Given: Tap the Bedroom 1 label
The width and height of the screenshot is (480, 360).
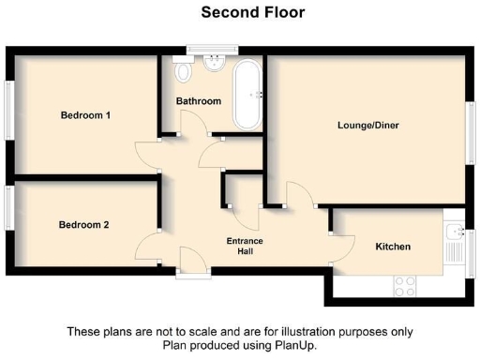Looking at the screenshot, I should [86, 116].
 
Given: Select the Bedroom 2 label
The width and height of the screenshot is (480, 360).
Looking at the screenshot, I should [84, 225].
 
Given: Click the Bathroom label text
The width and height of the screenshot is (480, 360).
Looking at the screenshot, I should [199, 101].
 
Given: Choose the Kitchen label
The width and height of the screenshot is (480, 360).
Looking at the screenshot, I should [393, 247].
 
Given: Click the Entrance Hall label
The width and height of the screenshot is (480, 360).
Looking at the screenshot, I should [246, 246].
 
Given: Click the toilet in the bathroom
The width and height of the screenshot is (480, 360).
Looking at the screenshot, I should [184, 70].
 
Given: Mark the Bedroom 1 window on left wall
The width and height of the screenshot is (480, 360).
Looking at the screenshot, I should [8, 112].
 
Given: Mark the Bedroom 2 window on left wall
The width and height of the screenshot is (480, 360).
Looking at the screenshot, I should [8, 206].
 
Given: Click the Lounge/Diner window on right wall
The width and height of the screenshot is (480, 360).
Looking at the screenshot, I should [471, 128].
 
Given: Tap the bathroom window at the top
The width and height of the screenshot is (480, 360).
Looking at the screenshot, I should [212, 49].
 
